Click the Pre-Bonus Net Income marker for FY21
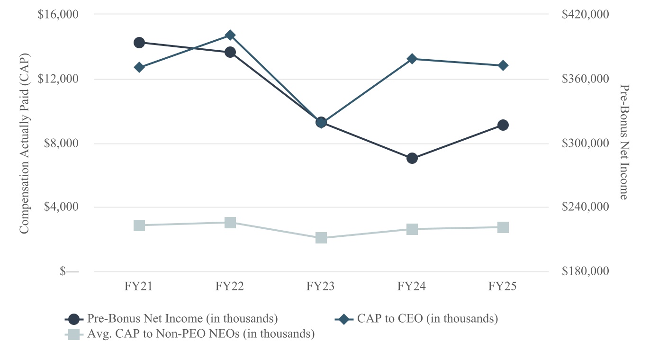click(139, 43)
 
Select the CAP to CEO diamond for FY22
click(230, 35)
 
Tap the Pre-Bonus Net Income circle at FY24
click(412, 158)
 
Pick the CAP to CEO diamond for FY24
click(412, 59)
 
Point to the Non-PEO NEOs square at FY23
click(321, 238)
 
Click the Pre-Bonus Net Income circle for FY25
click(503, 125)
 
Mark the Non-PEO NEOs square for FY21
click(139, 225)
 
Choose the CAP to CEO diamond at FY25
click(503, 65)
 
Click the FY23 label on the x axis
click(321, 287)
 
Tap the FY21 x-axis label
click(139, 287)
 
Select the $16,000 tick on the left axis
click(58, 14)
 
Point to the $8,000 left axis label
click(60, 144)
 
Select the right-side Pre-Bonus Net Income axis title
click(624, 142)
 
